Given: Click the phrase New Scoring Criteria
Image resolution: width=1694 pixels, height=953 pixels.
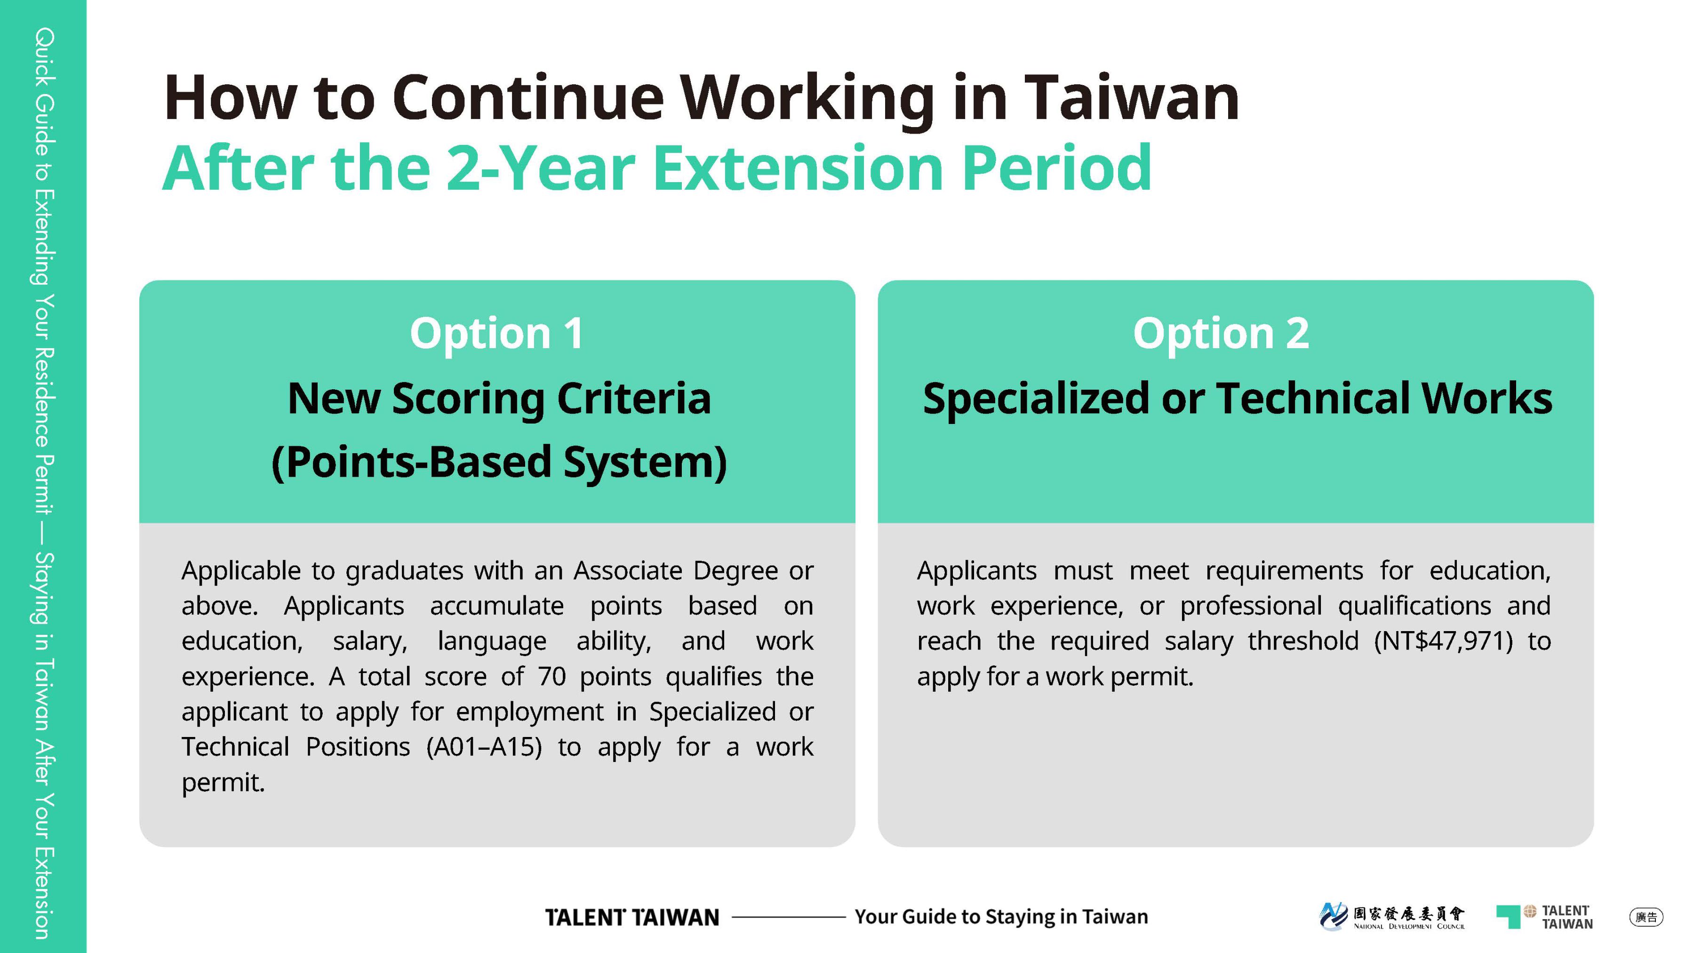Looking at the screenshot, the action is click(x=499, y=399).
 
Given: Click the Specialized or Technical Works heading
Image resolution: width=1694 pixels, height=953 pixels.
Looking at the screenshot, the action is click(x=1237, y=399).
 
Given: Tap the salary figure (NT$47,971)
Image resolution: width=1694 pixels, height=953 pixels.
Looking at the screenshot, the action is click(x=1444, y=641).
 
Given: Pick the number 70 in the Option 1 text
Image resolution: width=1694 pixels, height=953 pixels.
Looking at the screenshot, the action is click(x=552, y=676).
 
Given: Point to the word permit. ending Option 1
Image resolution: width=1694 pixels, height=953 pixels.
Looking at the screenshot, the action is click(x=223, y=783).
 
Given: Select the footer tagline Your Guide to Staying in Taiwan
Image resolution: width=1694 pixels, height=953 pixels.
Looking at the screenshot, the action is click(x=1001, y=917).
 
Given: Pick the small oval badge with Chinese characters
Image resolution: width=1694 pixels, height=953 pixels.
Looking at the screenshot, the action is click(x=1646, y=917).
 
